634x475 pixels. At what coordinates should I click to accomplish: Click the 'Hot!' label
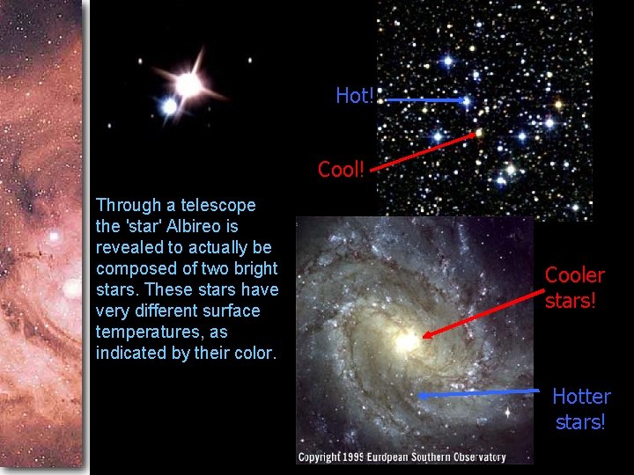(354, 96)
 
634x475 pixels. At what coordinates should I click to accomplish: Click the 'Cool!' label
(341, 169)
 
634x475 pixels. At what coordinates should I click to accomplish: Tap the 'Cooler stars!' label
(574, 288)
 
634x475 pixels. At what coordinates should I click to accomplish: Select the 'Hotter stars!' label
(580, 409)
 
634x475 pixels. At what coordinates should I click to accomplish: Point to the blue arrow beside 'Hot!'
(426, 100)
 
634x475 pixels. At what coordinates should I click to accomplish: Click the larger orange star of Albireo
(188, 84)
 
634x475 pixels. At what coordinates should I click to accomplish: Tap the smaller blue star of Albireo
(169, 107)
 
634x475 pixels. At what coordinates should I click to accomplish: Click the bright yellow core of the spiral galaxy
(408, 341)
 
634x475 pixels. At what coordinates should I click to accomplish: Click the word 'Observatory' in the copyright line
(476, 457)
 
